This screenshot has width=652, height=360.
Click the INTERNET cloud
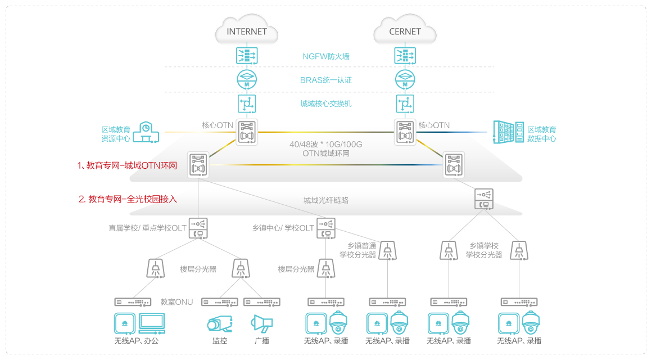point(247,31)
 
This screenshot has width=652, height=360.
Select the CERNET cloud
point(405,31)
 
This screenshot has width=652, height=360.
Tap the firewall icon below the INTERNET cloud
point(247,56)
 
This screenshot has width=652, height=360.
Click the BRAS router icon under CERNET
point(405,79)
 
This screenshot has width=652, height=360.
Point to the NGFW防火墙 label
point(326,56)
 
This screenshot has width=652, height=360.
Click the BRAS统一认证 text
point(326,80)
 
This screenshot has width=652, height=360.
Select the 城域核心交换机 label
point(326,103)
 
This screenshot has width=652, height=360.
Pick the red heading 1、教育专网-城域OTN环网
point(127,166)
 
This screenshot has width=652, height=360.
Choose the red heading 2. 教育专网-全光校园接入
point(129,199)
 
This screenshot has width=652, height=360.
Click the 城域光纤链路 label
point(326,200)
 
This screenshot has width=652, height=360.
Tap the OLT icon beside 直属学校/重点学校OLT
point(198,227)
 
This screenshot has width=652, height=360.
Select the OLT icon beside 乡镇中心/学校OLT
point(325,227)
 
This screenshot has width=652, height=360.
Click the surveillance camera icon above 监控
point(219,323)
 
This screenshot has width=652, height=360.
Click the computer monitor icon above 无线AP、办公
point(152,322)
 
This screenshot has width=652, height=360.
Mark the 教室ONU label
point(176,302)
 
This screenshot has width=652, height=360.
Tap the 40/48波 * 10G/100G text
point(326,145)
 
